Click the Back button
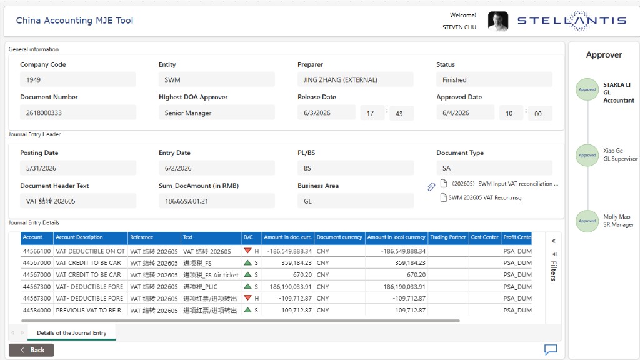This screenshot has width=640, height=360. [31, 350]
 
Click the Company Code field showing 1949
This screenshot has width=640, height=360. [77, 79]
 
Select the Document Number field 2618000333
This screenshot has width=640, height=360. [77, 112]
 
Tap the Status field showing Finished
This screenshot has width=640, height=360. [494, 79]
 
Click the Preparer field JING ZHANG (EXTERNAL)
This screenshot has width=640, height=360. [355, 79]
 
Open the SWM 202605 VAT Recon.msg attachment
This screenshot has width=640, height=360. [481, 197]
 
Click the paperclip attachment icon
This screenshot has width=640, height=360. [431, 187]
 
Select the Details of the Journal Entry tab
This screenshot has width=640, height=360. [71, 332]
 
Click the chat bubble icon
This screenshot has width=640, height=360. [551, 349]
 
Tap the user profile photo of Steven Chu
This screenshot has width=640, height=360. [498, 21]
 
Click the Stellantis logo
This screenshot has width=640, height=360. [572, 21]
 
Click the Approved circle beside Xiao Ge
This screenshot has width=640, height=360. [587, 155]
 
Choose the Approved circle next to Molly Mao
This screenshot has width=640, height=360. [587, 221]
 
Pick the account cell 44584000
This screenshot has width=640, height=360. [37, 310]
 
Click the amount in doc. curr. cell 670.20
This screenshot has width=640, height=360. [302, 275]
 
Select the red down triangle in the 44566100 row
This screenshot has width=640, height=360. [247, 251]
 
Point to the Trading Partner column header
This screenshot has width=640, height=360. [447, 237]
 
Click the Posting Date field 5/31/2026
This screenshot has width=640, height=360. [77, 167]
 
